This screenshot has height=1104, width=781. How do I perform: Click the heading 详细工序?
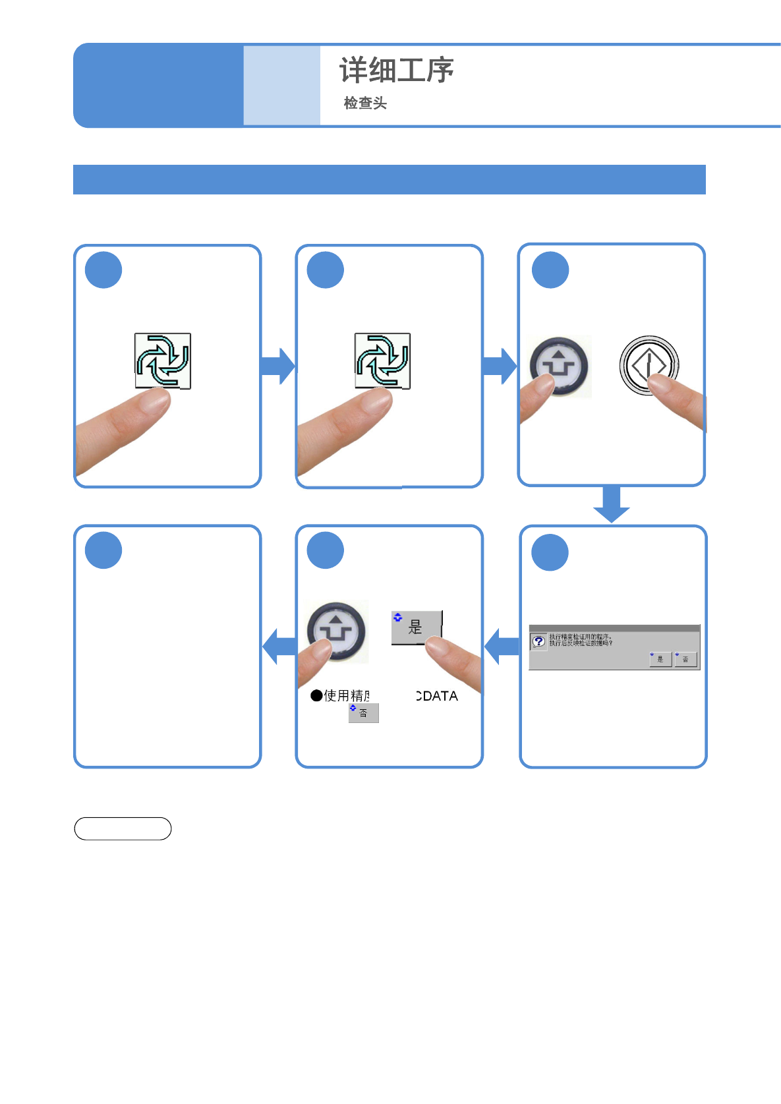396,70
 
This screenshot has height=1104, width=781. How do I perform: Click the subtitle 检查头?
365,103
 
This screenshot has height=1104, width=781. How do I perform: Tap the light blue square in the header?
281,85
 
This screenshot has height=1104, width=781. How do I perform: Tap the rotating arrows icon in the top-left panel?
163,361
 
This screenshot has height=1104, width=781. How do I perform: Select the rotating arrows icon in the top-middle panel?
382,361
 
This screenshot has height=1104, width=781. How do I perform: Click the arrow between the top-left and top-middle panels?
277,366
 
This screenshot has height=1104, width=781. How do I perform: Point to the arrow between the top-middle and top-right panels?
499,366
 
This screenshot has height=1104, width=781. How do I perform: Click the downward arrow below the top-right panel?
612,504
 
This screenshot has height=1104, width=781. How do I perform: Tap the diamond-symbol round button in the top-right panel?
649,364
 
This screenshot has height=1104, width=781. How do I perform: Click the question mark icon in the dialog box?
538,641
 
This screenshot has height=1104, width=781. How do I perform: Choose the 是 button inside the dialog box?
660,658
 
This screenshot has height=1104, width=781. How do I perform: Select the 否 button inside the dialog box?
685,658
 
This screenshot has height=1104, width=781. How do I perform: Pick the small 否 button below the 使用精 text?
364,713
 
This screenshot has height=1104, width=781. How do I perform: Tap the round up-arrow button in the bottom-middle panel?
337,631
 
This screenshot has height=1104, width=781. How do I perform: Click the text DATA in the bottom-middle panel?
438,696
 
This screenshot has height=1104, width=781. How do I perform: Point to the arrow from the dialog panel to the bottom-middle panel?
502,646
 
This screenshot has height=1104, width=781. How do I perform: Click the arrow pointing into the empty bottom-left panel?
279,646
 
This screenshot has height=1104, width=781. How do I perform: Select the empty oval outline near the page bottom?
123,828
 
